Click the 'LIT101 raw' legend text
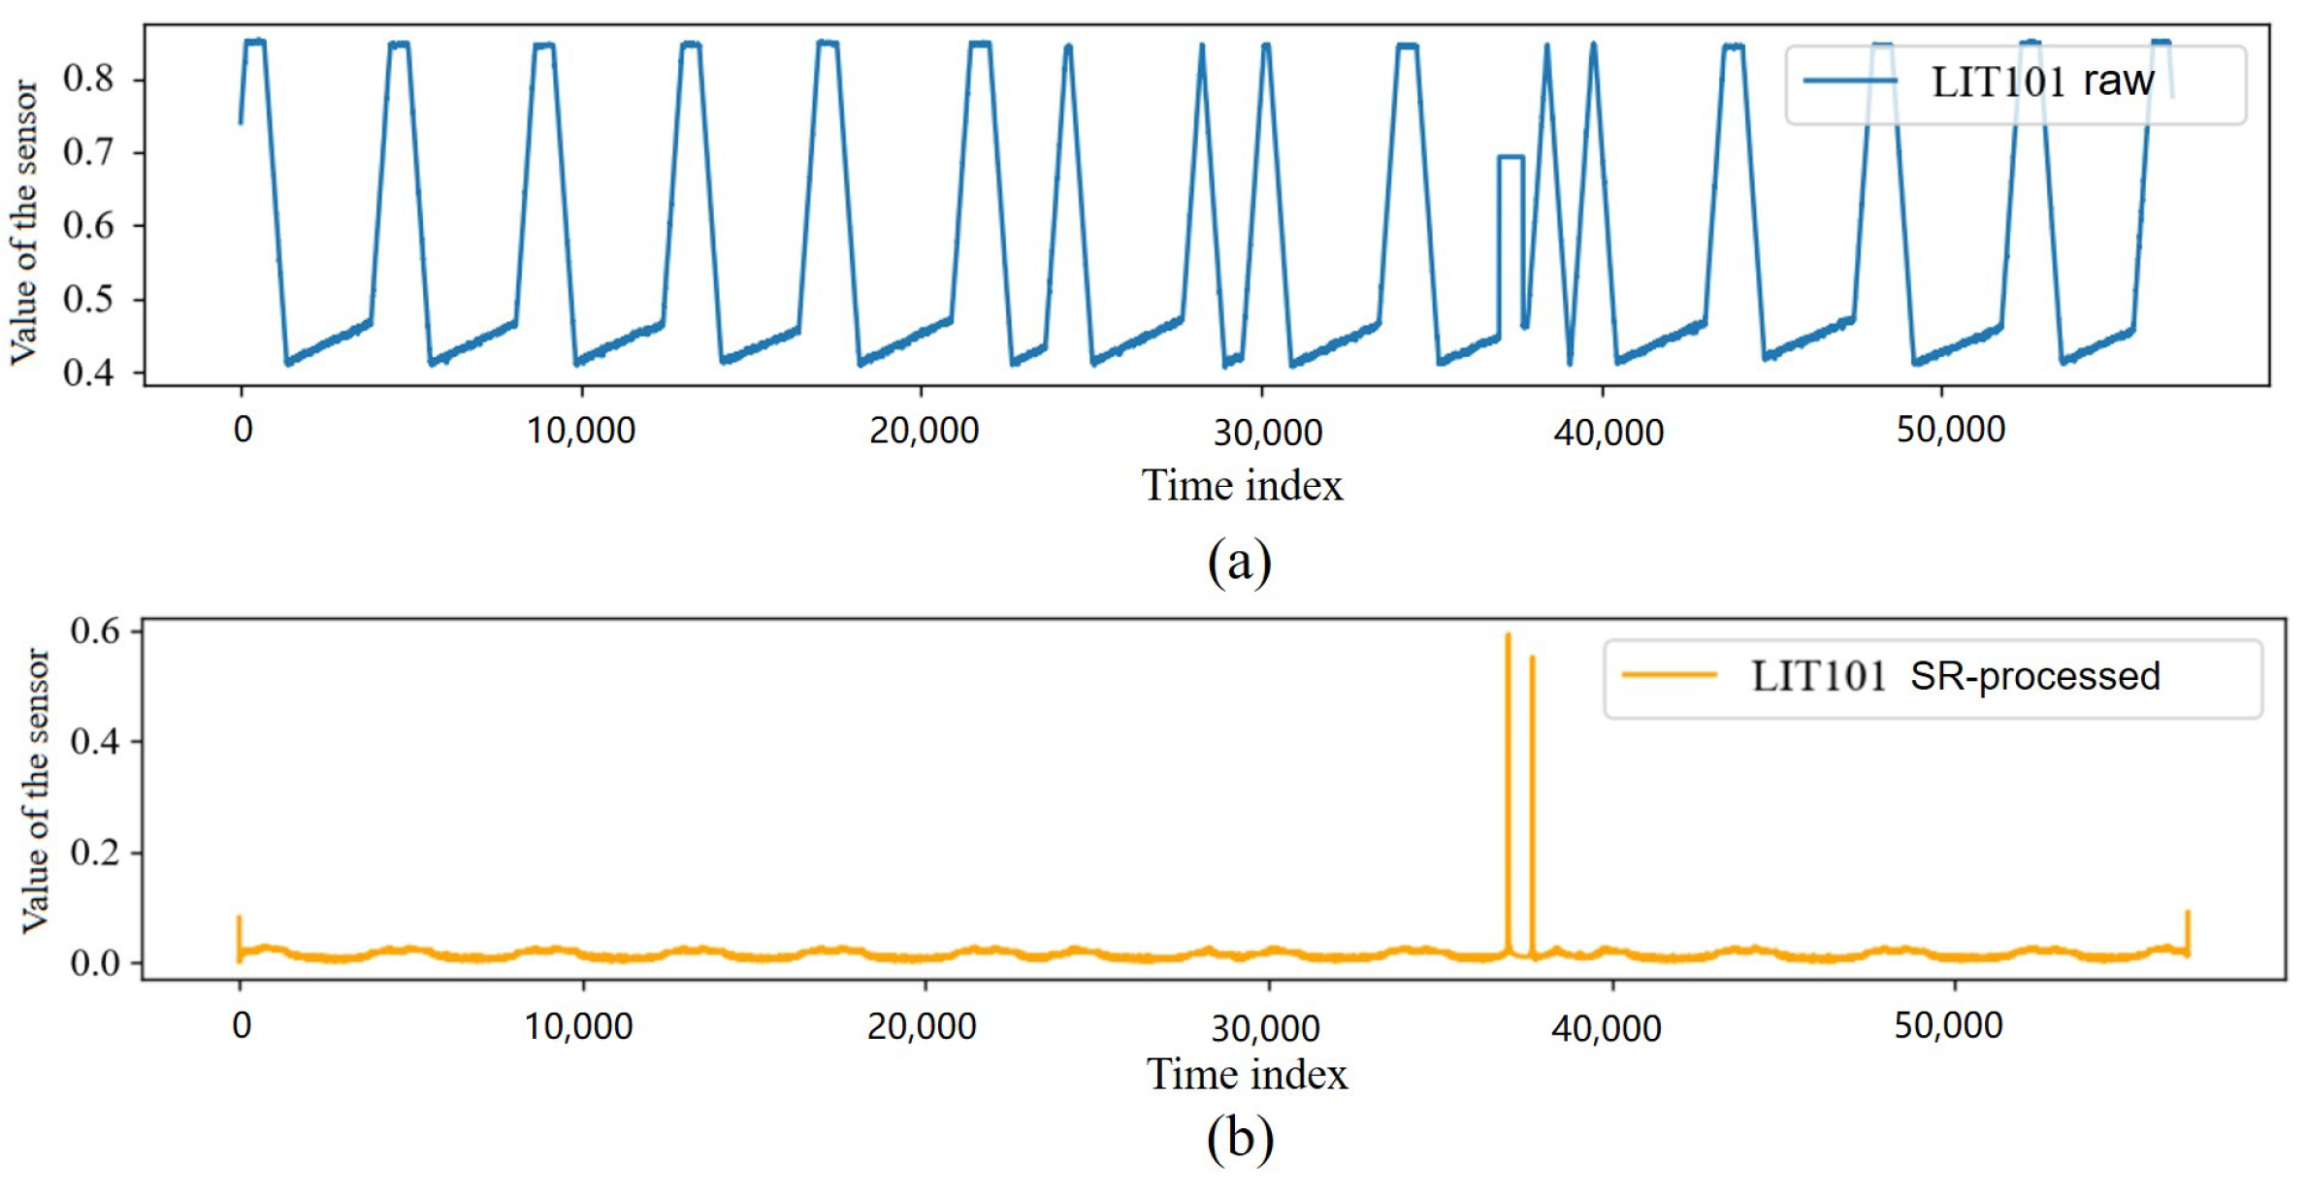coord(2042,82)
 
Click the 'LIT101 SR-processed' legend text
coord(1955,676)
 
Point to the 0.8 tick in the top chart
coord(88,79)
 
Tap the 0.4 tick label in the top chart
coord(88,372)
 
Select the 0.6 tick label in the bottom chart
coord(95,631)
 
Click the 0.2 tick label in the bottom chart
coord(95,853)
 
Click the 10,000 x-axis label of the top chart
coord(580,431)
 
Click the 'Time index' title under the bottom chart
coord(1247,1075)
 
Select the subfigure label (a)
coord(1239,562)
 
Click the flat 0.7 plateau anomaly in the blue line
coord(1511,157)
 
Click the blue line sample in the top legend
coord(1849,81)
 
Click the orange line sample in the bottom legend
coord(1669,675)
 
